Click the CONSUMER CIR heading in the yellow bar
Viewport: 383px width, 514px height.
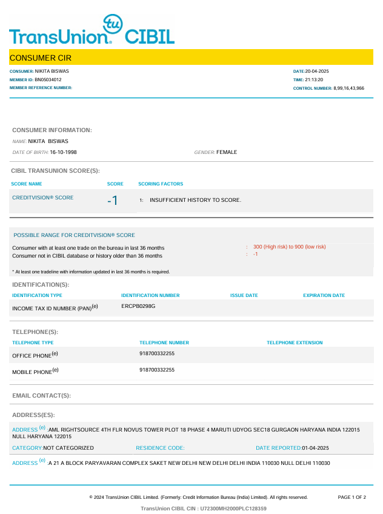[x=41, y=58]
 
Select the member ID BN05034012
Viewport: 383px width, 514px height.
[x=48, y=79]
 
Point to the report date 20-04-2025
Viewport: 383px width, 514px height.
[x=317, y=72]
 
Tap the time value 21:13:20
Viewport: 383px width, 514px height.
[x=315, y=79]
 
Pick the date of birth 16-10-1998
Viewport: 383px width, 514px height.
[x=64, y=152]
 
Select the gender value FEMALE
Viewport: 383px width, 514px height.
[x=227, y=152]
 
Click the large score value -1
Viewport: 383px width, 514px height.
[x=112, y=201]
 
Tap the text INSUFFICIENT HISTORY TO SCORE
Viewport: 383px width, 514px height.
[x=195, y=200]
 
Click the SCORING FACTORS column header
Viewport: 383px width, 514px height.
[x=161, y=184]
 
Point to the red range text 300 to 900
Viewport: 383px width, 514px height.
[x=290, y=247]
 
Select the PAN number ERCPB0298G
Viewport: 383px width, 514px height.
[x=139, y=306]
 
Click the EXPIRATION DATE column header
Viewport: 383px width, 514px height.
[x=324, y=295]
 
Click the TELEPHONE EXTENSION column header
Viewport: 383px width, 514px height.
[x=295, y=342]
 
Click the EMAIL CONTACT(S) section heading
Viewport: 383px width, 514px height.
[x=42, y=395]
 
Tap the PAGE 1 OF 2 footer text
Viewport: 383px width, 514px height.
[x=351, y=497]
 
